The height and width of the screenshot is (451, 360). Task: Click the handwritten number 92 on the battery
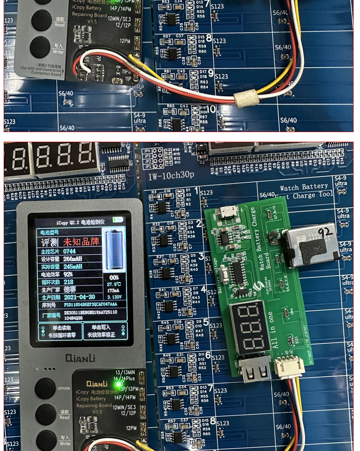pos(325,233)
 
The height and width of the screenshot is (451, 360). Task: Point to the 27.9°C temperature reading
pos(113,283)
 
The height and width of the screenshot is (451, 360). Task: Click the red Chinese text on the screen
pos(81,242)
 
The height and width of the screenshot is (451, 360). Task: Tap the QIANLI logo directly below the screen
pos(80,358)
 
